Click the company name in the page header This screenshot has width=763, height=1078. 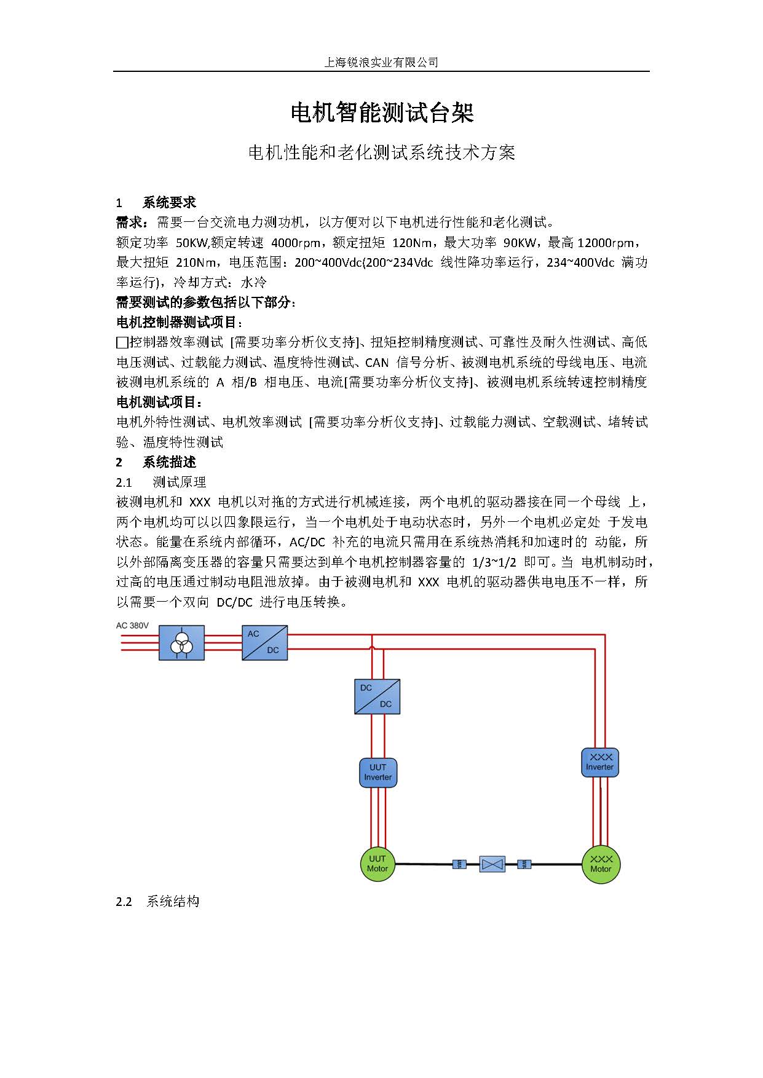point(381,62)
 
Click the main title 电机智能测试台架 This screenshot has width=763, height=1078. point(382,113)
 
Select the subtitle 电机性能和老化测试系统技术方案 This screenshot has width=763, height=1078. point(381,152)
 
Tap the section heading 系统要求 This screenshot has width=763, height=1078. point(169,203)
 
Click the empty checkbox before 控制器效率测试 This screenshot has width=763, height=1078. point(122,342)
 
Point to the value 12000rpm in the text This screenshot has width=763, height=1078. point(606,243)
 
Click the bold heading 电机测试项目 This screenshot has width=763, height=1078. point(159,402)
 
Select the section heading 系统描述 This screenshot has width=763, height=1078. point(169,462)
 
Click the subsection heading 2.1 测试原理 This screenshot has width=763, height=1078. point(161,482)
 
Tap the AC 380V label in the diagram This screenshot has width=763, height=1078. point(132,626)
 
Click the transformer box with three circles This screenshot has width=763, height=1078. point(181,643)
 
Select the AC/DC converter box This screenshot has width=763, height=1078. point(264,642)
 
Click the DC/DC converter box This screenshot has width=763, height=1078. point(377,696)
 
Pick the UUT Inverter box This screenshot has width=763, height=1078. point(378,773)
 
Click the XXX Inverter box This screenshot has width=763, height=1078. point(599,762)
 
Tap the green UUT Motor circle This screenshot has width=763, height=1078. point(377,864)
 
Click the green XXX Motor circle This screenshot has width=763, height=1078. point(601,864)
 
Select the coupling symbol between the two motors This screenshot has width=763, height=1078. point(492,864)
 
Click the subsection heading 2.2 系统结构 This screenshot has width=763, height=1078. point(158,902)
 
